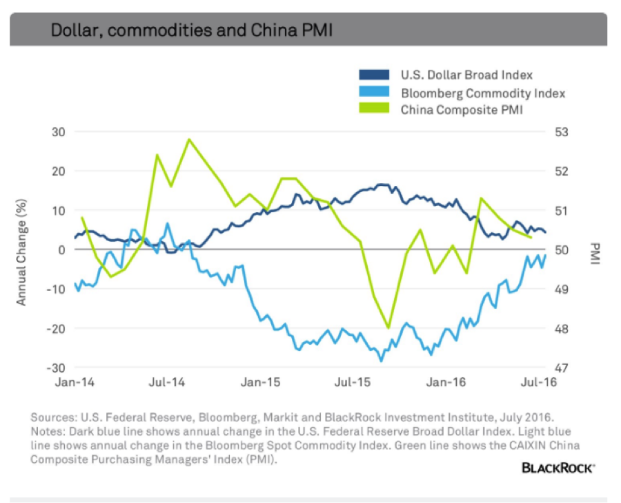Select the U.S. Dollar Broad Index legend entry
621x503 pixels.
pyautogui.click(x=466, y=75)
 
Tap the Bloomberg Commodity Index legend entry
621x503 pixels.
pyautogui.click(x=483, y=92)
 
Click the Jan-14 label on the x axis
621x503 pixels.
pyautogui.click(x=74, y=381)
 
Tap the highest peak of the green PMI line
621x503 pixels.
pyautogui.click(x=188, y=140)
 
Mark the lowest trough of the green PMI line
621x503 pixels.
pyautogui.click(x=388, y=328)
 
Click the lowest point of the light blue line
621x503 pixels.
pyautogui.click(x=381, y=361)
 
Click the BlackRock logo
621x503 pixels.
pyautogui.click(x=558, y=468)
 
